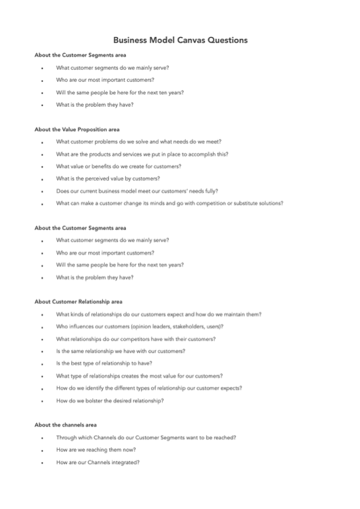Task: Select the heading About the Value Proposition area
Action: (x=76, y=130)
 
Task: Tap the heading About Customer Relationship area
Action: (x=78, y=302)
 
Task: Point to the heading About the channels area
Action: (x=65, y=425)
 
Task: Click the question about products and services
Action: (x=142, y=154)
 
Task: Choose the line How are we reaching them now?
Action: (x=96, y=450)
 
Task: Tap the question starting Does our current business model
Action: (x=136, y=191)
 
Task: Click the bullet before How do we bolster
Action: (x=42, y=402)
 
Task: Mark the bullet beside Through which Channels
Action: (x=42, y=438)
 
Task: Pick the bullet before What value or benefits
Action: (x=42, y=167)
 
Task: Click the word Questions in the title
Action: (x=227, y=40)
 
